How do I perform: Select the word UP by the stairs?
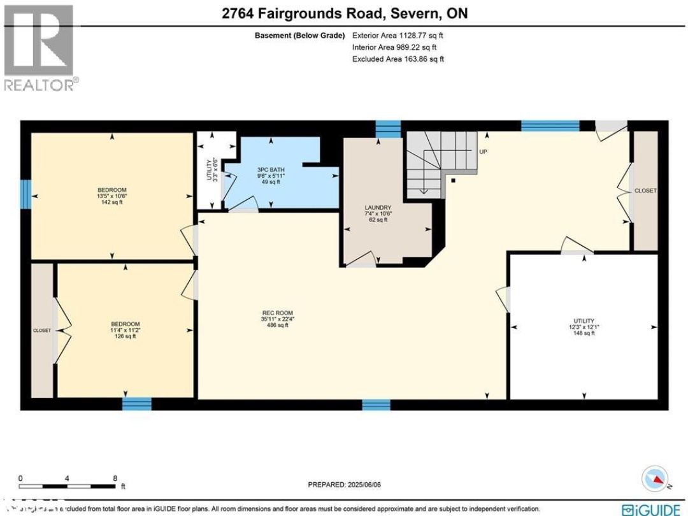click(483, 152)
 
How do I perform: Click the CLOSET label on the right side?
click(645, 190)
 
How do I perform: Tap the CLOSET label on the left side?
click(42, 330)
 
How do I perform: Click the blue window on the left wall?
click(25, 194)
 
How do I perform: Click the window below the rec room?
click(376, 405)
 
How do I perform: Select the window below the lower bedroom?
click(137, 404)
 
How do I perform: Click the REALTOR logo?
click(39, 48)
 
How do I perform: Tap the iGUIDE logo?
click(653, 509)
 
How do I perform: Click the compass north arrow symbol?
click(656, 478)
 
